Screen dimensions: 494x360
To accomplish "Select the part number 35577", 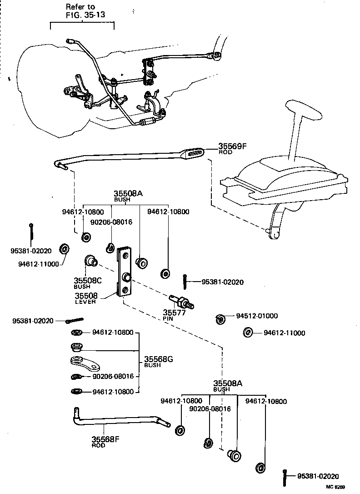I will (173, 313).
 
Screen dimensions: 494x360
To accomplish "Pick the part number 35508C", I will (87, 281).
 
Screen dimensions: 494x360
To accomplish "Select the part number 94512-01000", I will (257, 316).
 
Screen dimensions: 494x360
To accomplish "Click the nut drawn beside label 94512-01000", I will (220, 319).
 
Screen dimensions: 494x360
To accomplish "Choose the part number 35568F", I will (105, 439).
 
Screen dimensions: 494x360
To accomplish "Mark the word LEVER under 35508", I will (85, 302).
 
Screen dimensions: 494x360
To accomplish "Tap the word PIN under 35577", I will (168, 318).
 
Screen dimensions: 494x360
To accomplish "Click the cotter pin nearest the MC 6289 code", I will (285, 477).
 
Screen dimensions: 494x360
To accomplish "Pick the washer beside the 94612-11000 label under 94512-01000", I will (248, 333).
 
